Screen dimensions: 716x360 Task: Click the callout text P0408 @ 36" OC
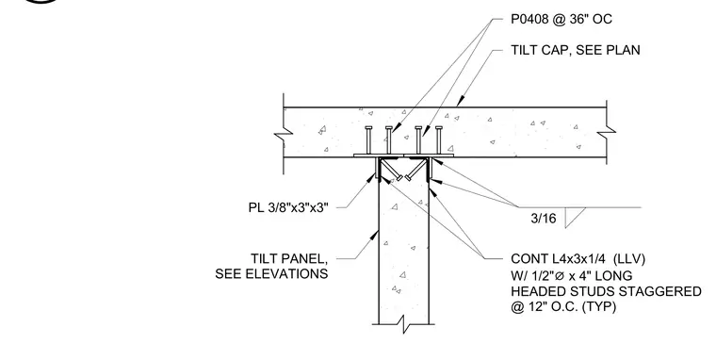click(x=561, y=19)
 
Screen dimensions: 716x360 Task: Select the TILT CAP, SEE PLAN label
click(x=576, y=50)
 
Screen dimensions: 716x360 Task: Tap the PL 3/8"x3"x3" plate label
click(x=288, y=207)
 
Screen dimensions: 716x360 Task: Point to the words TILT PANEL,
click(x=289, y=258)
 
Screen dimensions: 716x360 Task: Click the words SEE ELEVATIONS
click(x=271, y=273)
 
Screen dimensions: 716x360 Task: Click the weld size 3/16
click(x=544, y=219)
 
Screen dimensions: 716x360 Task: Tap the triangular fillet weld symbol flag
click(x=575, y=218)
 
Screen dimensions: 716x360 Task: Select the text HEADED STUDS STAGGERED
click(x=606, y=291)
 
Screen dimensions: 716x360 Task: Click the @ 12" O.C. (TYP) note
click(x=563, y=306)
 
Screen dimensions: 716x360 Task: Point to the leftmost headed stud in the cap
click(x=369, y=140)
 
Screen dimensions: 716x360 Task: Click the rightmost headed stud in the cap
click(x=439, y=140)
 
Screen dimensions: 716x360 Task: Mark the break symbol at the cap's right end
click(x=607, y=132)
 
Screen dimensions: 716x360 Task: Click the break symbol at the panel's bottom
click(x=403, y=324)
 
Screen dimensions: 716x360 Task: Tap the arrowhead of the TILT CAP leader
click(x=461, y=101)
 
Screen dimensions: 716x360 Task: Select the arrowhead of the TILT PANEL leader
click(x=375, y=236)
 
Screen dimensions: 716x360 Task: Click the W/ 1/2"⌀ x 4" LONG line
click(x=571, y=275)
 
